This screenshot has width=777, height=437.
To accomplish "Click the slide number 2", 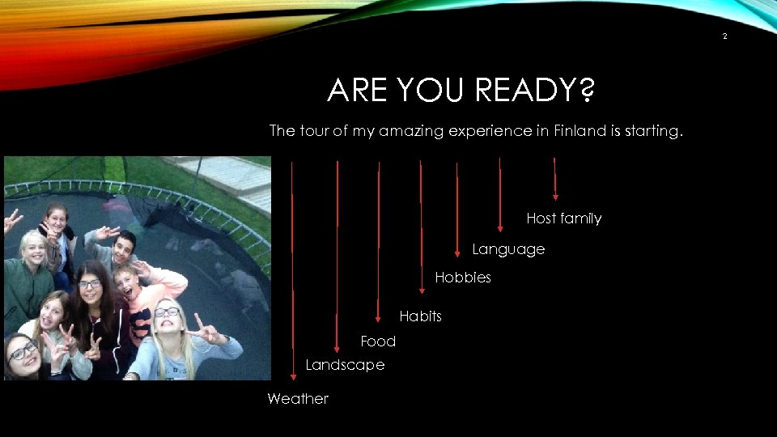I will [724, 36].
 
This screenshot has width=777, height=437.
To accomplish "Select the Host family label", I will [563, 218].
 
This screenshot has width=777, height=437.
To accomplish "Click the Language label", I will [508, 249].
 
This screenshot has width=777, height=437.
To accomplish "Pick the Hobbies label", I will [463, 278].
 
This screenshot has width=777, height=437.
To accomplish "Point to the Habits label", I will [420, 316].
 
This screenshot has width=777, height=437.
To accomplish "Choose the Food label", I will [378, 342].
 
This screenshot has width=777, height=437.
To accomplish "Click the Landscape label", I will [345, 365].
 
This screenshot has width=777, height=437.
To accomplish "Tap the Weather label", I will [298, 399].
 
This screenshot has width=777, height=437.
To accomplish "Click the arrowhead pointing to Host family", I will [555, 195].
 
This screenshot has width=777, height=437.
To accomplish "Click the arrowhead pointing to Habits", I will [378, 318].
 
